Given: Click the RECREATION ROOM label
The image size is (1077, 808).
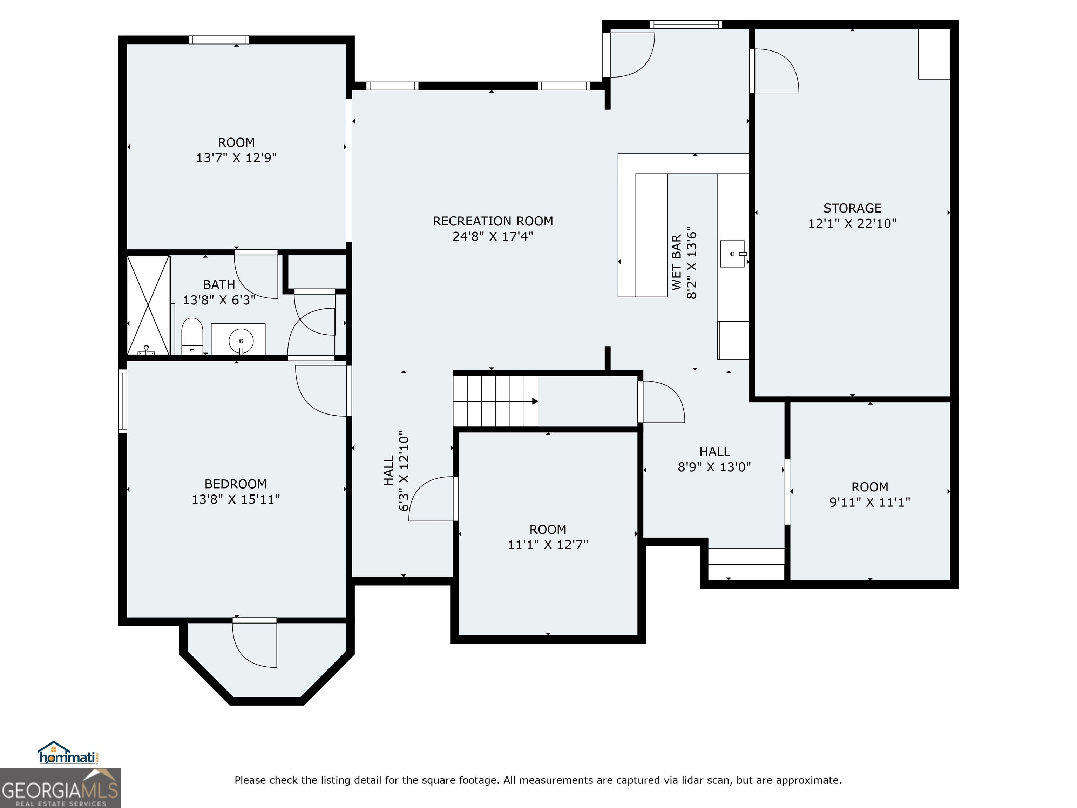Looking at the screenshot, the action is click(x=493, y=221).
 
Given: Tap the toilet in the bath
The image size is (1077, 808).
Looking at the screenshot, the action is click(x=192, y=336).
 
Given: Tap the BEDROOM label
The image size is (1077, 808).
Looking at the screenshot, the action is click(x=236, y=484).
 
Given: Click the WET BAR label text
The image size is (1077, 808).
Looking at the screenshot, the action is click(x=676, y=263).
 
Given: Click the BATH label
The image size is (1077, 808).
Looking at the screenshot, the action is click(x=219, y=284).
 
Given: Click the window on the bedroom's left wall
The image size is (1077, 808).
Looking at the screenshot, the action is click(x=123, y=401).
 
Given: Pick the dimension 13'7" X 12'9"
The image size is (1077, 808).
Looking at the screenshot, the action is click(x=237, y=158).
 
